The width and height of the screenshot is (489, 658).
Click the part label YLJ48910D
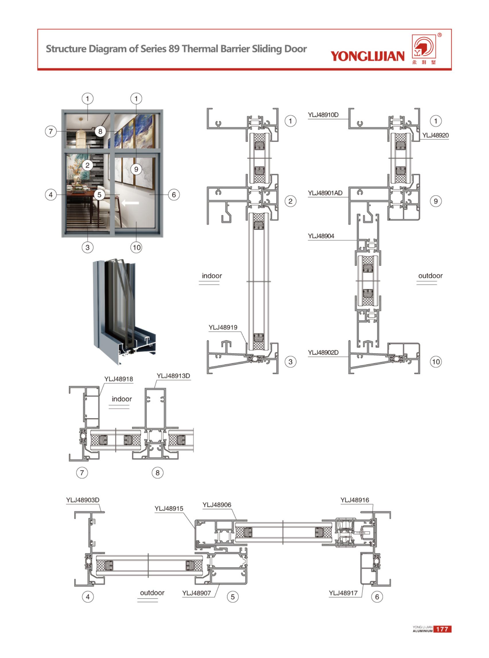tap(323, 115)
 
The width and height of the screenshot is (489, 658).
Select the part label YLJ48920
tap(435, 135)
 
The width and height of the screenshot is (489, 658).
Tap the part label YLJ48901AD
tap(325, 193)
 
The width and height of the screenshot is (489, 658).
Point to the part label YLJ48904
tap(321, 236)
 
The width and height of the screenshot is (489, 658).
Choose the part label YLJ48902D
tap(323, 352)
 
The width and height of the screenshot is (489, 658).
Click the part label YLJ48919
tap(223, 327)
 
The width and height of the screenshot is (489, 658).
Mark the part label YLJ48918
tap(118, 379)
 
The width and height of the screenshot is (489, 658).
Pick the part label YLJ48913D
tap(173, 376)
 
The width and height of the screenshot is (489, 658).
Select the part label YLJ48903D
tap(83, 500)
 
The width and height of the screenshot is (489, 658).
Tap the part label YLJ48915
tap(169, 508)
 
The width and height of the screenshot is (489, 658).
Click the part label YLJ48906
tap(217, 505)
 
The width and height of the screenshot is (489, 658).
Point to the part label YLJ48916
tap(355, 500)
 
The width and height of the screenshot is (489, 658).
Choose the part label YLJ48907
tap(196, 593)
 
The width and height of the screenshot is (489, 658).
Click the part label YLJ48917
tap(343, 593)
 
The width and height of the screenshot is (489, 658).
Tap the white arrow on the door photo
tap(130, 202)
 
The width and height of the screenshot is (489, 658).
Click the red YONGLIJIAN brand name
tap(367, 56)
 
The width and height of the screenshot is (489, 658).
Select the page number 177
tap(442, 629)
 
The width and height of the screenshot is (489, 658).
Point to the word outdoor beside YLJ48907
tap(152, 593)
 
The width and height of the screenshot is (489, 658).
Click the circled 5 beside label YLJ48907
tap(233, 597)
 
